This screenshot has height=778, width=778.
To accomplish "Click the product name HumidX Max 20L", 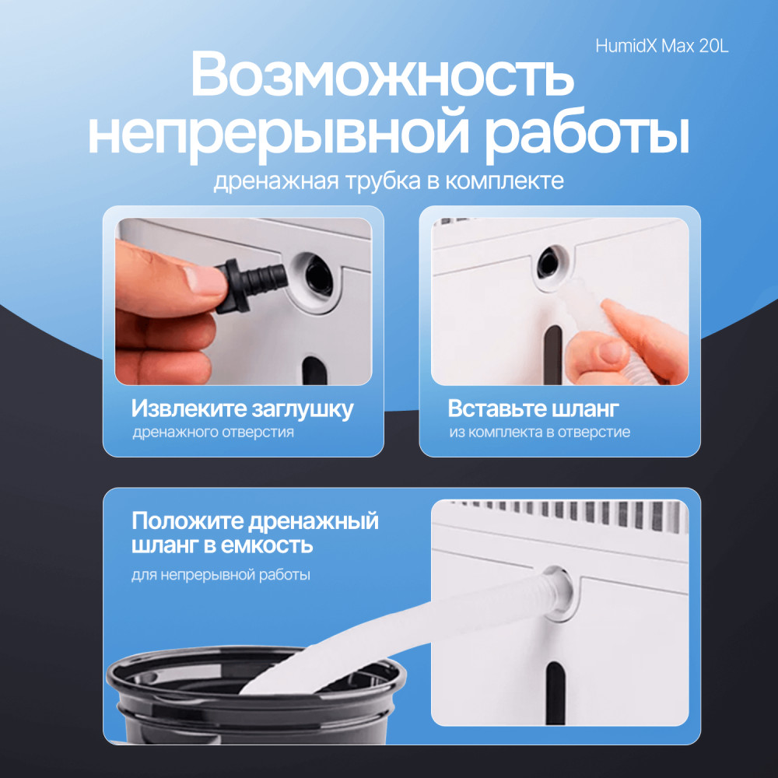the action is (662, 46).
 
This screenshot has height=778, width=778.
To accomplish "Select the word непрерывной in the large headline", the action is (279, 134).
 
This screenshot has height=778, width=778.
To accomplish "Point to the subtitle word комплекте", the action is (504, 181).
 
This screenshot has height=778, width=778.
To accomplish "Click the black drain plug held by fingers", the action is (251, 286).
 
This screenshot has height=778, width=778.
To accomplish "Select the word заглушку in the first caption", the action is (303, 409).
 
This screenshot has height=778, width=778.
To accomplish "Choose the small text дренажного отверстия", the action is (213, 432).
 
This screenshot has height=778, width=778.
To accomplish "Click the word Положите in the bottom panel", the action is (188, 522).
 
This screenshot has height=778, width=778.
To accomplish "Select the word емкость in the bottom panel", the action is (267, 546).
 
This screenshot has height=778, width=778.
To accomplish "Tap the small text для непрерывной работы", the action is (221, 575).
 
